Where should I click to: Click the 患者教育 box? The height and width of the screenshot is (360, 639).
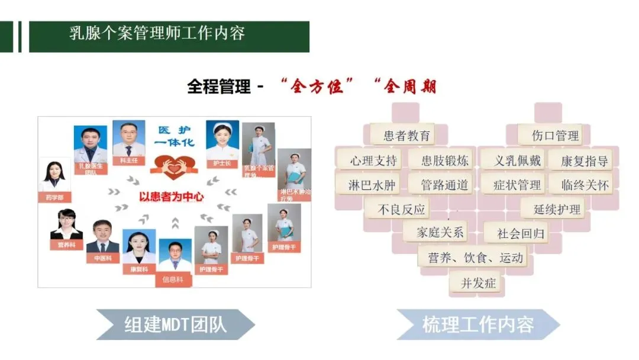click(402, 135)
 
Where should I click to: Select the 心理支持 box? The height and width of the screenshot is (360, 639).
click(369, 160)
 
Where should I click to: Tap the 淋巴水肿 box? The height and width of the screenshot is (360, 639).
click(371, 185)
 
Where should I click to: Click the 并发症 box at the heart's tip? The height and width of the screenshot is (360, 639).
click(473, 283)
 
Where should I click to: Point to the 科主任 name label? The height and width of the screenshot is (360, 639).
click(128, 160)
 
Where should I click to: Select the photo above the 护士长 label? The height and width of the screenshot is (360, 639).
click(222, 140)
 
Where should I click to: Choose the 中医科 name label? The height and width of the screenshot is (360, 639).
click(102, 258)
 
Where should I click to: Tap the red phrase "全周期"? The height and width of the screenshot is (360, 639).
click(405, 87)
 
